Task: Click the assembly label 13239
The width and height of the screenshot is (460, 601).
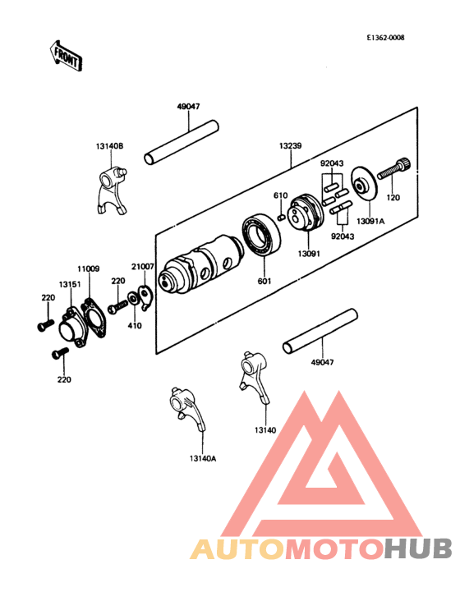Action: click(x=289, y=145)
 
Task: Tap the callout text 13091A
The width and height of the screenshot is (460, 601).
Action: click(x=370, y=221)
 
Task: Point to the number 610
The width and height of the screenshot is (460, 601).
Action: click(x=279, y=195)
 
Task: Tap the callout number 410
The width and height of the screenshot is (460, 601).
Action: click(x=134, y=325)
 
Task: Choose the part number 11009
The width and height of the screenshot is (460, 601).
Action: click(x=88, y=268)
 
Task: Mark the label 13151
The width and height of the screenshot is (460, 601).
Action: click(x=68, y=283)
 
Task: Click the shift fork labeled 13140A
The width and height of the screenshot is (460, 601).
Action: click(x=186, y=409)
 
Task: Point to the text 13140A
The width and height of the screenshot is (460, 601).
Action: click(x=201, y=459)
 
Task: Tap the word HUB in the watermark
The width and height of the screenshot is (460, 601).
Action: click(x=419, y=548)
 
